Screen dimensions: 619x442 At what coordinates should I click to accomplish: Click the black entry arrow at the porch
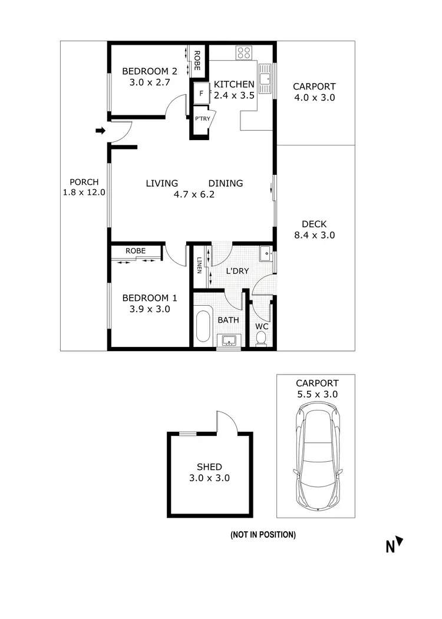pos(100,130)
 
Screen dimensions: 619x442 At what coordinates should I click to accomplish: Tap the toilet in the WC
pos(261,337)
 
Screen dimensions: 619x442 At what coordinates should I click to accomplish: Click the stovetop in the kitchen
pos(244,53)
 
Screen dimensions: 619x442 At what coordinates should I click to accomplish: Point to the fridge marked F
pos(202,93)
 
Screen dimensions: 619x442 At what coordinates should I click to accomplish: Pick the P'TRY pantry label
pos(201,119)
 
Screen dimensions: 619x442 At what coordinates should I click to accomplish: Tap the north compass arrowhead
pos(400,541)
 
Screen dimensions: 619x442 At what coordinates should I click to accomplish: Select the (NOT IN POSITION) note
pos(263,535)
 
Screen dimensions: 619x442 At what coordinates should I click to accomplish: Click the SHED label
pos(210,467)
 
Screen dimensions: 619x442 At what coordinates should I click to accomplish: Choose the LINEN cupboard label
pos(200,266)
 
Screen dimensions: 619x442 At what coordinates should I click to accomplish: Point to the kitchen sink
pos(268,81)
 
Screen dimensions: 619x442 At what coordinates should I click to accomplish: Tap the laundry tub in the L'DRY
pos(265,255)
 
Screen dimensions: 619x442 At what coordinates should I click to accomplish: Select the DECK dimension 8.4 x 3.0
pos(318,235)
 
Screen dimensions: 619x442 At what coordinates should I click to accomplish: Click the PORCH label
pos(84,182)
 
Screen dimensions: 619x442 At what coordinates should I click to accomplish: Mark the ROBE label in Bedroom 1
pos(136,251)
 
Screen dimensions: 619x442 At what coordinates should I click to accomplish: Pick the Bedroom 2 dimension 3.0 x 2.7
pos(149,82)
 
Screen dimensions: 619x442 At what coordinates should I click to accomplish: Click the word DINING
pos(225,183)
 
